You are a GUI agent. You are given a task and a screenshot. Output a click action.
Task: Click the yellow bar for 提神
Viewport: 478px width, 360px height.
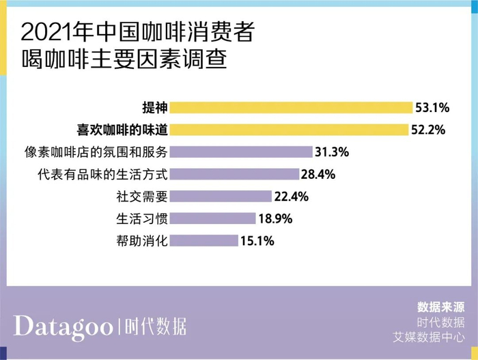coord(291,107)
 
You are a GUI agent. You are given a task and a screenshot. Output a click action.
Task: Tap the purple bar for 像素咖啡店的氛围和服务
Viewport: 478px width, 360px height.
coord(240,152)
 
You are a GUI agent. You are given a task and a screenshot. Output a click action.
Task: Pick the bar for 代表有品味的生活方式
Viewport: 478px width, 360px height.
coord(234,174)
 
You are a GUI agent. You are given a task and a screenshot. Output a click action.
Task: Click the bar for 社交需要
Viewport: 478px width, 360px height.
coord(221,196)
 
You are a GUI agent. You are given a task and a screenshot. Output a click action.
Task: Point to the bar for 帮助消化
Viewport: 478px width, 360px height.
coord(203,240)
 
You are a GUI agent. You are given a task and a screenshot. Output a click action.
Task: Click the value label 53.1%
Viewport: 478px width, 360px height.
coord(432,107)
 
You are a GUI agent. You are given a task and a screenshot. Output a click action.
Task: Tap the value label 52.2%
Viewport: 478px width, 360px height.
coord(429,129)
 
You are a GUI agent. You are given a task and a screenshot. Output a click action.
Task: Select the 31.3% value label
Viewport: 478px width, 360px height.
coord(332,152)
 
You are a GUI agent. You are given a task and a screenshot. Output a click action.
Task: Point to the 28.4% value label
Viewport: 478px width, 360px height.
coord(318,174)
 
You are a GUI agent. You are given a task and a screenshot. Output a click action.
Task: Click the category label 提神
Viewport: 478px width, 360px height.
coord(154,107)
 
